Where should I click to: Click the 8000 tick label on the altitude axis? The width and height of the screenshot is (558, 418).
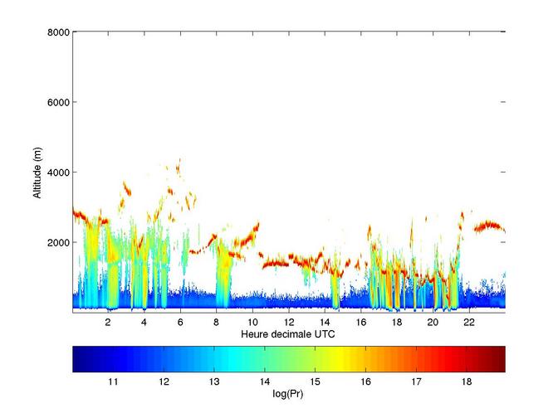coord(58,32)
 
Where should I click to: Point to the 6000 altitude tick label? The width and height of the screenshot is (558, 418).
coord(58,102)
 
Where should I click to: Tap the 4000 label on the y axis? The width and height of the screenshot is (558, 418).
coord(58,173)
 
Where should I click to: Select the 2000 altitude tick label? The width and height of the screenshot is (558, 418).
coord(58,242)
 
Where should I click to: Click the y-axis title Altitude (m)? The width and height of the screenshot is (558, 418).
coord(37,173)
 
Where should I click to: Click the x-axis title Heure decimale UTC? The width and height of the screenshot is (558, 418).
coord(288,334)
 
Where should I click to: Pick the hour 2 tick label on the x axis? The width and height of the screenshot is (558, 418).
coord(108,322)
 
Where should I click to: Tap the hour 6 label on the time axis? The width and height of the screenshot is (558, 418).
coord(180,322)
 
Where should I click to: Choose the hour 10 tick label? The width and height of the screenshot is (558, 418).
coord(252,322)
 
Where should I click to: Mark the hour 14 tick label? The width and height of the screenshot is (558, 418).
coord(325,322)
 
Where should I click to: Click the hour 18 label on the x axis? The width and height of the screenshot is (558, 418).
coord(397,322)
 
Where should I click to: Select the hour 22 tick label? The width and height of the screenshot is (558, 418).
coord(469,322)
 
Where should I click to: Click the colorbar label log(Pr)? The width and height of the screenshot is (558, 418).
coord(288,394)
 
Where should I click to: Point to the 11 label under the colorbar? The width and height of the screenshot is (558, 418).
coord(113,382)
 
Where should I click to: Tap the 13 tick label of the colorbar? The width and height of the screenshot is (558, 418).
coord(214,382)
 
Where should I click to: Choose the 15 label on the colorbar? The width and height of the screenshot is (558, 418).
coord(315,382)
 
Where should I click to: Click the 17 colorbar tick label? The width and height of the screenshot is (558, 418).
coord(416,382)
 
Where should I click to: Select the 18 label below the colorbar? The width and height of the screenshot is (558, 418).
coord(467,382)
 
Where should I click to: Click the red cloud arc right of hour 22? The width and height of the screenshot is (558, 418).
coord(489,225)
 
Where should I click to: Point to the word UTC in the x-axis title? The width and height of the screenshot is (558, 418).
coord(325,334)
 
